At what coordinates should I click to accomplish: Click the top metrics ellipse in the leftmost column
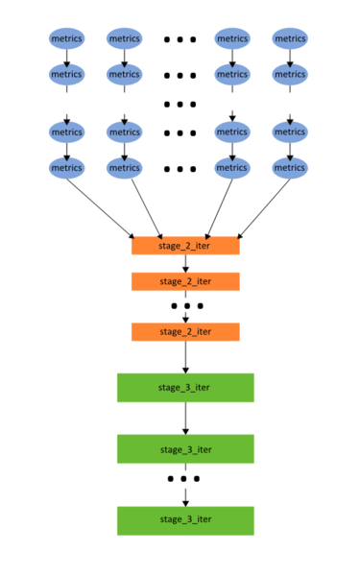(x=67, y=38)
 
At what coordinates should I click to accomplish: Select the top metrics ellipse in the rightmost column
(x=290, y=38)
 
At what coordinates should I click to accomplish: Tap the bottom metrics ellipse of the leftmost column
(x=67, y=168)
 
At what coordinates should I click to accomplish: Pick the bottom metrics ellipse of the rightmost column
(x=290, y=168)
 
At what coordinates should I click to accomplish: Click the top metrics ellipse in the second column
(x=125, y=38)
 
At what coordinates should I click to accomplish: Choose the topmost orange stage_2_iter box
(x=185, y=246)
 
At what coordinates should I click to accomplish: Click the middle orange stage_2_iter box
(x=185, y=281)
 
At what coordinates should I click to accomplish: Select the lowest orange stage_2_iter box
(x=185, y=332)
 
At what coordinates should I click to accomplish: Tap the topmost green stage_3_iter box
(x=185, y=388)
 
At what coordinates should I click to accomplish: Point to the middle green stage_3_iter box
(x=185, y=449)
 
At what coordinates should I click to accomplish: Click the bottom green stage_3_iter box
(x=185, y=521)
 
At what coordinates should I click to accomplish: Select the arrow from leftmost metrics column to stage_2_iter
(x=100, y=208)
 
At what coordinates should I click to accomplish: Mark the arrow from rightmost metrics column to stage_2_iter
(x=264, y=208)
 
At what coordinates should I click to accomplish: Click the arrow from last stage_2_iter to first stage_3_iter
(x=185, y=357)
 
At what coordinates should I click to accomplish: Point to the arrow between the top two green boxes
(x=185, y=419)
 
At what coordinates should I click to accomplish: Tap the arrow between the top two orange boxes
(x=185, y=263)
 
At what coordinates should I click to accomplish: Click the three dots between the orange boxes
(x=187, y=305)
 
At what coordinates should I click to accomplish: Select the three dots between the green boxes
(x=183, y=478)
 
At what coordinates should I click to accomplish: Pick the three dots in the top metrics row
(x=180, y=39)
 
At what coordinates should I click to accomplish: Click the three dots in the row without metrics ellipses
(x=180, y=105)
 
